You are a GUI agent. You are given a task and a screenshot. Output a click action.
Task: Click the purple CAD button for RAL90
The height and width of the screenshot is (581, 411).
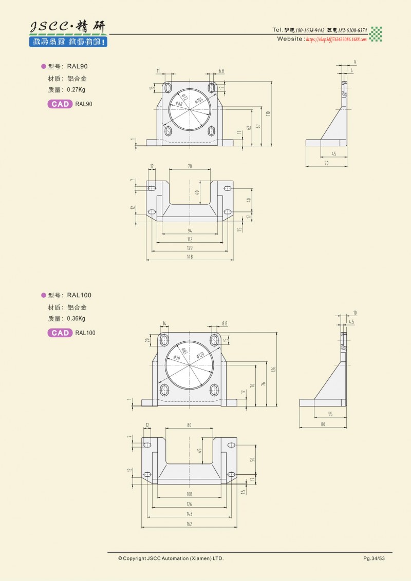coord(60,104)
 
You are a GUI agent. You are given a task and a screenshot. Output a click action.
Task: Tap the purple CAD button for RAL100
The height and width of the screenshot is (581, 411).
coord(60,333)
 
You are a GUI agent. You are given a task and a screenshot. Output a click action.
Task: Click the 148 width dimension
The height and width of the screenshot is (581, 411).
coord(190,257)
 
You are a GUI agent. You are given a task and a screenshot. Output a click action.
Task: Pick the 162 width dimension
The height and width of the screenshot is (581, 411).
coord(190,524)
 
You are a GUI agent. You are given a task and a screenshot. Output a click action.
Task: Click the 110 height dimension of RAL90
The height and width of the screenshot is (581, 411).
coord(268,113)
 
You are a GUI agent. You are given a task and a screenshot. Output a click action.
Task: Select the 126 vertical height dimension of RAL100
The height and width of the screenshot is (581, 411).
coord(274,369)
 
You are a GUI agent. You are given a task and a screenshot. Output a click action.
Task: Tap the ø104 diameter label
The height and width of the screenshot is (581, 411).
coord(200,101)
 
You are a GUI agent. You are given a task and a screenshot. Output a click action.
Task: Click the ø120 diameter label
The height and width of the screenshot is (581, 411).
coord(200,355)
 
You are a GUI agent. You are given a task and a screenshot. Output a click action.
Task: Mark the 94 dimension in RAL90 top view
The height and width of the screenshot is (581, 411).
coord(190,231)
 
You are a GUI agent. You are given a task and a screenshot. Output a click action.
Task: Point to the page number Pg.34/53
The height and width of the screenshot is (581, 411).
coord(373,558)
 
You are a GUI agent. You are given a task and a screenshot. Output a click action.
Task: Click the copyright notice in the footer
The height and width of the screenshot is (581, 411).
coord(171,558)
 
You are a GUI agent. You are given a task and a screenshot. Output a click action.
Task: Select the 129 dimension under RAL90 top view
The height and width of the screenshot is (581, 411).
coord(190,248)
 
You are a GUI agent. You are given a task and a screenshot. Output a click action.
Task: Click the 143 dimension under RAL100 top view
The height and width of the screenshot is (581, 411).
coord(190,514)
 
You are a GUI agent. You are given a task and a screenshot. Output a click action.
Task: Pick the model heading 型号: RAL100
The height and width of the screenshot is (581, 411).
coord(69,295)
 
